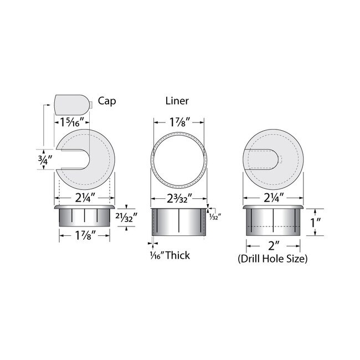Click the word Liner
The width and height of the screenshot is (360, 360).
tap(177, 101)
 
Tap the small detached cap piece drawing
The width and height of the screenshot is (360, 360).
tap(72, 102)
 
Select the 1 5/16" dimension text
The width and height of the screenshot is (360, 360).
tap(70, 120)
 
